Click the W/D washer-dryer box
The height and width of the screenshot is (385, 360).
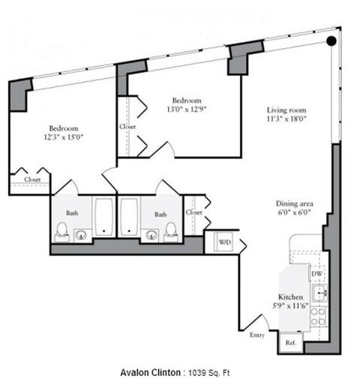coord(223,242)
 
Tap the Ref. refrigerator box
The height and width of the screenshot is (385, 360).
coord(291,342)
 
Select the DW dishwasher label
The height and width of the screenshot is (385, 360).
coord(316,274)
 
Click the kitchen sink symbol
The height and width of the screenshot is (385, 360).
coord(319,293)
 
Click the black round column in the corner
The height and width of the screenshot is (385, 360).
coord(331,41)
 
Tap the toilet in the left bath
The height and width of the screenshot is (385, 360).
coord(61,232)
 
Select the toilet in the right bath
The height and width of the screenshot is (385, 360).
coord(171,232)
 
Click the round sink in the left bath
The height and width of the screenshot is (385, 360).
coord(81,235)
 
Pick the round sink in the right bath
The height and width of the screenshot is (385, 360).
coord(151,235)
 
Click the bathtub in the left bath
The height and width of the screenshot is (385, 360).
coord(104,217)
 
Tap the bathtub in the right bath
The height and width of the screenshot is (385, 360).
coord(129,217)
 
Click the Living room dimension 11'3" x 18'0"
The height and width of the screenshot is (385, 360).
coord(286,119)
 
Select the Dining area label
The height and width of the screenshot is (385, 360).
coord(295,203)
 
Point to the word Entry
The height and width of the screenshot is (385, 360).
coord(257,335)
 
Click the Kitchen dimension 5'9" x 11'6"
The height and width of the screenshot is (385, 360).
coord(290,305)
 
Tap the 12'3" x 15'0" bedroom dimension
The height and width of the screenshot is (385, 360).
coord(63,137)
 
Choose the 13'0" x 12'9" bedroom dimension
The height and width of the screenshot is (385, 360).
coord(187,109)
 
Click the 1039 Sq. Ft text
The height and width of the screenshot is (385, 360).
coord(208,373)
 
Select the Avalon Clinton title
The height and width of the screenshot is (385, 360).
coord(150,372)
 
